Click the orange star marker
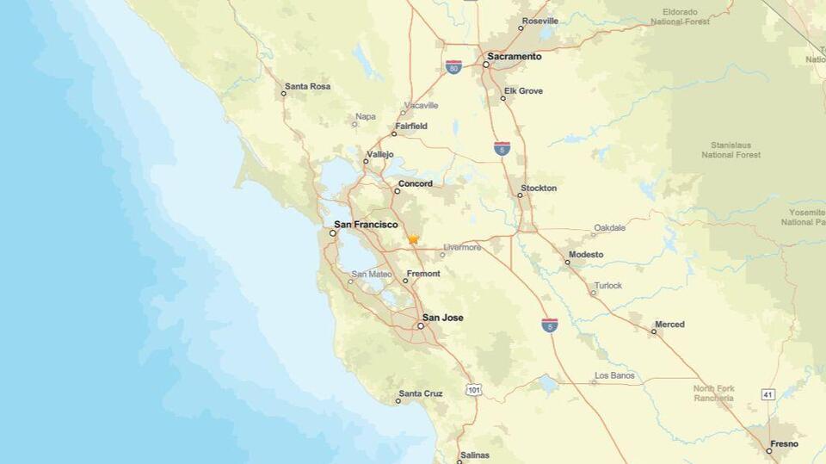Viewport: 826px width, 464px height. [x=413, y=239]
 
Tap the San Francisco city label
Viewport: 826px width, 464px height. [x=366, y=225]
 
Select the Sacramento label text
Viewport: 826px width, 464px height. [x=515, y=57]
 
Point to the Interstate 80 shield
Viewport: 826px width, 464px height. [x=453, y=66]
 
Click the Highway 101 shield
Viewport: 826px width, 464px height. [x=474, y=390]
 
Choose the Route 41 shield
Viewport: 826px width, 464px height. [x=767, y=394]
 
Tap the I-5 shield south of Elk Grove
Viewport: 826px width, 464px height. [x=502, y=148]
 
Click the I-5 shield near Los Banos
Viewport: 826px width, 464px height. [x=549, y=325]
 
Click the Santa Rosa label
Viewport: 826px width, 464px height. [x=307, y=86]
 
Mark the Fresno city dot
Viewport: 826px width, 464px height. [x=769, y=450]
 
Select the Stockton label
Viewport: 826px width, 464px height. [x=539, y=188]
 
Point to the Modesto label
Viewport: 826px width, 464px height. [x=585, y=255]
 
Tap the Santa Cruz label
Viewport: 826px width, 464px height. [x=421, y=393]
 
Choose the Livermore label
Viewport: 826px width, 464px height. [x=462, y=248]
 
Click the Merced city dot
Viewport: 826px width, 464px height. [x=653, y=331]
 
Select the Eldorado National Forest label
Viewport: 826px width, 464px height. [x=686, y=16]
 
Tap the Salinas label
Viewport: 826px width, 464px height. [x=474, y=455]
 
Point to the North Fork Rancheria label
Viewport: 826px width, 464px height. [x=714, y=393]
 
